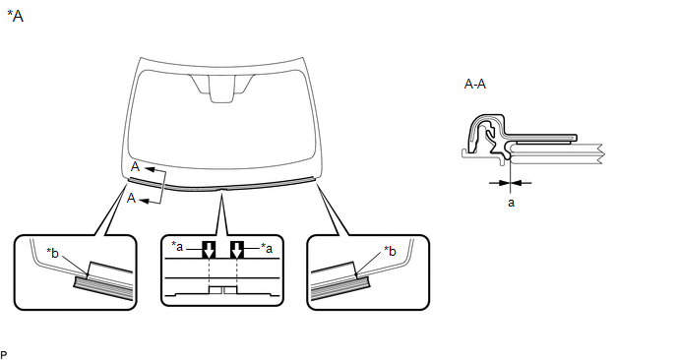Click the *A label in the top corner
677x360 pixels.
pos(15,16)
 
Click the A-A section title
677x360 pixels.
pos(475,84)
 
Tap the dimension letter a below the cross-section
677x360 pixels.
pos(511,203)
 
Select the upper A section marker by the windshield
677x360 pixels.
pos(136,167)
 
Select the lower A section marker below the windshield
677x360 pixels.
pos(131,198)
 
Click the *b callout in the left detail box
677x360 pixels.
pos(52,253)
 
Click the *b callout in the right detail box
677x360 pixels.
pos(390,251)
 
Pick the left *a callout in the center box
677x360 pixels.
pos(177,247)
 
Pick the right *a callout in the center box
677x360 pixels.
pos(267,248)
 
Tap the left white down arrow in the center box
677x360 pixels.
pos(209,250)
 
